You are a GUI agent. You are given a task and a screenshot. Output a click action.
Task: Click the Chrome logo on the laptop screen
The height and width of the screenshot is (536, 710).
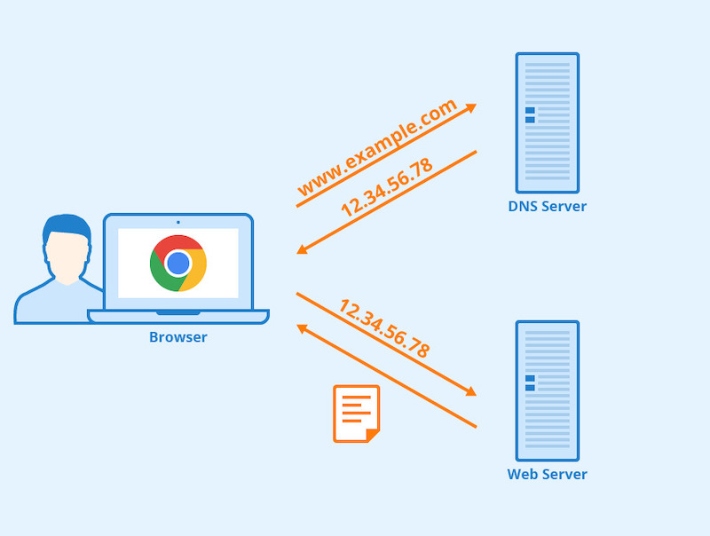pyautogui.click(x=178, y=263)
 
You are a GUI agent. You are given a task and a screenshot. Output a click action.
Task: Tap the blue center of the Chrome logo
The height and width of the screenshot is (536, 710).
pyautogui.click(x=178, y=264)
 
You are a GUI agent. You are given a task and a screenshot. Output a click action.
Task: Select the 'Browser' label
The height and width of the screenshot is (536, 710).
pyautogui.click(x=178, y=337)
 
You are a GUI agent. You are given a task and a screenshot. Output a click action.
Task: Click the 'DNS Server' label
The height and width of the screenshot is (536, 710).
pyautogui.click(x=547, y=207)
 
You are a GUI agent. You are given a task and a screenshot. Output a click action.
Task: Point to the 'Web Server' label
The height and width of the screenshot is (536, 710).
pyautogui.click(x=547, y=474)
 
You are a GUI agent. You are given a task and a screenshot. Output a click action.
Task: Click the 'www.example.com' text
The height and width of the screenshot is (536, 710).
pyautogui.click(x=377, y=148)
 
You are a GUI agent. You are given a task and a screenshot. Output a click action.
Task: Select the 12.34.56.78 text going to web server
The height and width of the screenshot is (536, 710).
pyautogui.click(x=384, y=328)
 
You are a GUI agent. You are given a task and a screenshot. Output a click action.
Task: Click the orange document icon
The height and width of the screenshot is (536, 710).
pyautogui.click(x=356, y=414)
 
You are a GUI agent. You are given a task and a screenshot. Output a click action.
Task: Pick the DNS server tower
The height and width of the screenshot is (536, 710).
pyautogui.click(x=547, y=122)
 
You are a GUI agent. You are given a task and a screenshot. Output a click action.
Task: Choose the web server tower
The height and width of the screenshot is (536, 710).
pyautogui.click(x=547, y=390)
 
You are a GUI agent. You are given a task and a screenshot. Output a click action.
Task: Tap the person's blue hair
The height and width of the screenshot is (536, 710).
pyautogui.click(x=67, y=225)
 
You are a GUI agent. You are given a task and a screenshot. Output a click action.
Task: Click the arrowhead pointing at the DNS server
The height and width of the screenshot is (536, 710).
pyautogui.click(x=470, y=107)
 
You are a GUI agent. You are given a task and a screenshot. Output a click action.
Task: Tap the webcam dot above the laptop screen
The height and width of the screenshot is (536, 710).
pyautogui.click(x=178, y=222)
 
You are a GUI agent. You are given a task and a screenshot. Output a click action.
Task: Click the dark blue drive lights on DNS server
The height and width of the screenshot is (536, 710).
pyautogui.click(x=530, y=115)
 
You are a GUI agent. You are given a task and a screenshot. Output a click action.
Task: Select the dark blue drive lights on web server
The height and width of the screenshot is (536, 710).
pyautogui.click(x=530, y=382)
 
